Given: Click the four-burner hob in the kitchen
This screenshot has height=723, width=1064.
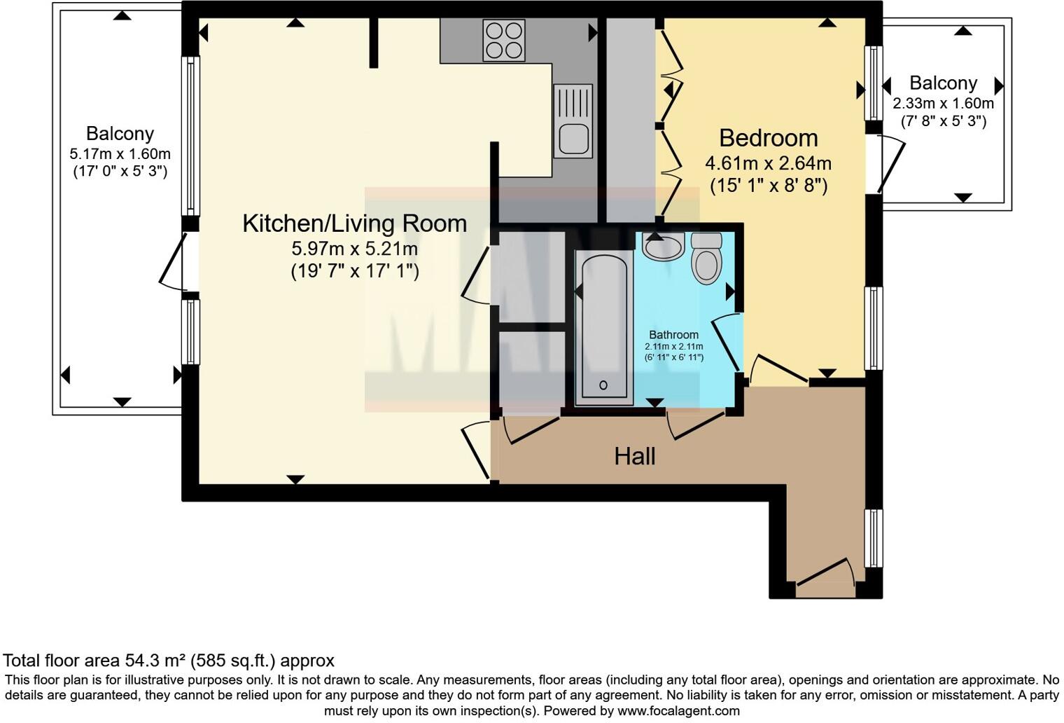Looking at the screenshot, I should coord(504,40).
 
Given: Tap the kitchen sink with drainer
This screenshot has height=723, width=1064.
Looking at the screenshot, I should coord(573,120).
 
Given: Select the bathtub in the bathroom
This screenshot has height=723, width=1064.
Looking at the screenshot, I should coord(603,328).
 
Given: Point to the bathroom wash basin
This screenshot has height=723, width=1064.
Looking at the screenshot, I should coord(663,247).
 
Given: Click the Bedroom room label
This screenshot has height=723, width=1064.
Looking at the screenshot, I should coord(768,138).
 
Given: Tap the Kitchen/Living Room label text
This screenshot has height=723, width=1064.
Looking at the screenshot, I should coord(354,223).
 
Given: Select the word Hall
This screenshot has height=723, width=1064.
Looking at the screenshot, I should coord(634,456).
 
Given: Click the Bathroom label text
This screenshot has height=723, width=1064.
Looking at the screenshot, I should coord(673,335).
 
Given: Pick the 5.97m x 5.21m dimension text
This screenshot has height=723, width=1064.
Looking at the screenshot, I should coord(354,249).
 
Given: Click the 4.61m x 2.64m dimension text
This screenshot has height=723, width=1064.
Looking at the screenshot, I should coord(768,163).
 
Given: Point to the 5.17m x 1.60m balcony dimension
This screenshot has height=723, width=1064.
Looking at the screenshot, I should coord(120,154).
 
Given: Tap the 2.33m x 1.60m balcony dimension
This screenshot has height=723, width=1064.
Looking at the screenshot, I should coord(943,104).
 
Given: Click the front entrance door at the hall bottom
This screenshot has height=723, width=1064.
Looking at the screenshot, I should coord(825,573).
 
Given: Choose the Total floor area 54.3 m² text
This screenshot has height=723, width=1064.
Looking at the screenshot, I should coord(168,660).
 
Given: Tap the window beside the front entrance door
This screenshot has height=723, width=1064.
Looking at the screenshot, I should coord(874,538).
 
